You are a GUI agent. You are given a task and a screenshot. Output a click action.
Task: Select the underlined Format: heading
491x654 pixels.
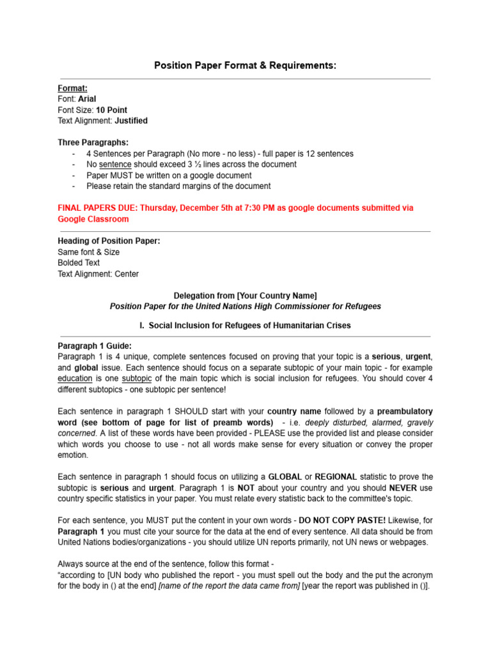pyautogui.click(x=73, y=88)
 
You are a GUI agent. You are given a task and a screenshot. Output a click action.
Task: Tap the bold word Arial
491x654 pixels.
pyautogui.click(x=87, y=99)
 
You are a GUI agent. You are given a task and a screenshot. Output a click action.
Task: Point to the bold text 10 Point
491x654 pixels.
pyautogui.click(x=111, y=110)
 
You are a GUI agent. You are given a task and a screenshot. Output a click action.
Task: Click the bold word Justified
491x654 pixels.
pyautogui.click(x=130, y=121)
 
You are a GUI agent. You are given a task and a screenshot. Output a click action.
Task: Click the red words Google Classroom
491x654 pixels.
pyautogui.click(x=93, y=219)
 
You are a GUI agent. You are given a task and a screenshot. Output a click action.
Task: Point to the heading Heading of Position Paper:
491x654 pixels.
pyautogui.click(x=109, y=241)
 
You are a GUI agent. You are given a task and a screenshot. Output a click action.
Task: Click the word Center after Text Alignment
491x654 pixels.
pyautogui.click(x=127, y=274)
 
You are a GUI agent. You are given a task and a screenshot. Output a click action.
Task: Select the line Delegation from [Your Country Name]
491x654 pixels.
pyautogui.click(x=245, y=296)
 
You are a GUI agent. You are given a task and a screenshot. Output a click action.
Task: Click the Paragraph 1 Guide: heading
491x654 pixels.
pyautogui.click(x=95, y=346)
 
